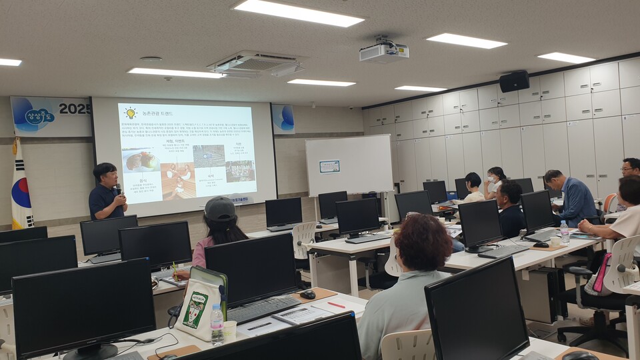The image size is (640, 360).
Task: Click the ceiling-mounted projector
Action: (383, 51)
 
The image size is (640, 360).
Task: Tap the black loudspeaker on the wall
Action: (514, 81)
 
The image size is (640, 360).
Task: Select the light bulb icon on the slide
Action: (130, 113)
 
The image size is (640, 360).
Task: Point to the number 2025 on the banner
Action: (74, 108)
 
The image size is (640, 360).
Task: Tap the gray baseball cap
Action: (220, 209)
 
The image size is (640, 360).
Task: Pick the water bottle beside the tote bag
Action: (217, 325)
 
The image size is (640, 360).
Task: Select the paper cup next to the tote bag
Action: (229, 329)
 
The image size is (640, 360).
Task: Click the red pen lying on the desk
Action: (337, 305)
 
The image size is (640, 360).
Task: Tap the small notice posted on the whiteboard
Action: (329, 166)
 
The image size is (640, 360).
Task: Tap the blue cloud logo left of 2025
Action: (39, 115)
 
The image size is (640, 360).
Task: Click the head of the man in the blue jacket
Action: (553, 178)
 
